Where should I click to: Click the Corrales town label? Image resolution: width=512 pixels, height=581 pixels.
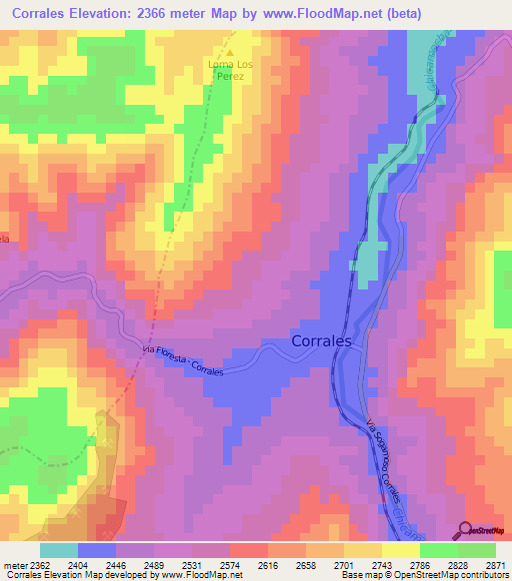321,340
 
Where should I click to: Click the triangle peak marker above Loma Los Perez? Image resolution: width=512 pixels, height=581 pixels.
229,53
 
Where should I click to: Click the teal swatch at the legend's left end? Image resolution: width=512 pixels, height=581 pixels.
58,550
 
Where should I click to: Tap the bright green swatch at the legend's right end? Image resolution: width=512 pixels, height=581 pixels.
476,550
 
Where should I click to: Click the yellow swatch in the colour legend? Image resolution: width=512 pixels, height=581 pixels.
400,550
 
